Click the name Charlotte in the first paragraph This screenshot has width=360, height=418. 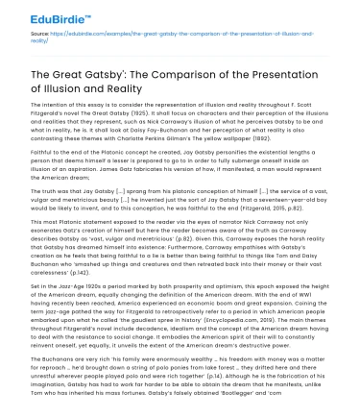[x=208, y=142]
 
